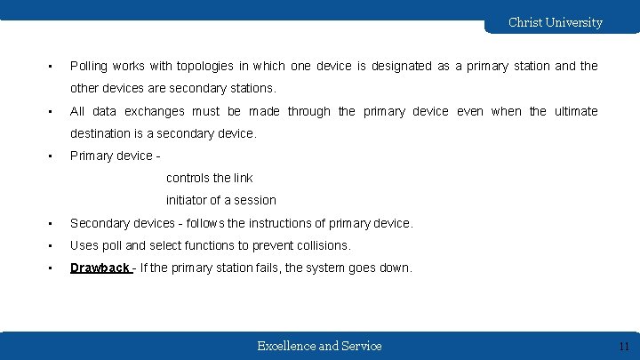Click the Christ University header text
[x=555, y=22]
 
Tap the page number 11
[x=623, y=346]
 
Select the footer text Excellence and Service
[x=319, y=346]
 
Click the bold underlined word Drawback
[x=100, y=268]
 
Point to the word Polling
[x=90, y=67]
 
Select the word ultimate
[x=576, y=111]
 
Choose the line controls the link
[x=210, y=178]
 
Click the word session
[x=255, y=200]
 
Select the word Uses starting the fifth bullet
[x=85, y=245]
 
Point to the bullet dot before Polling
[x=52, y=67]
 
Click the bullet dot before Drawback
[x=52, y=268]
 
